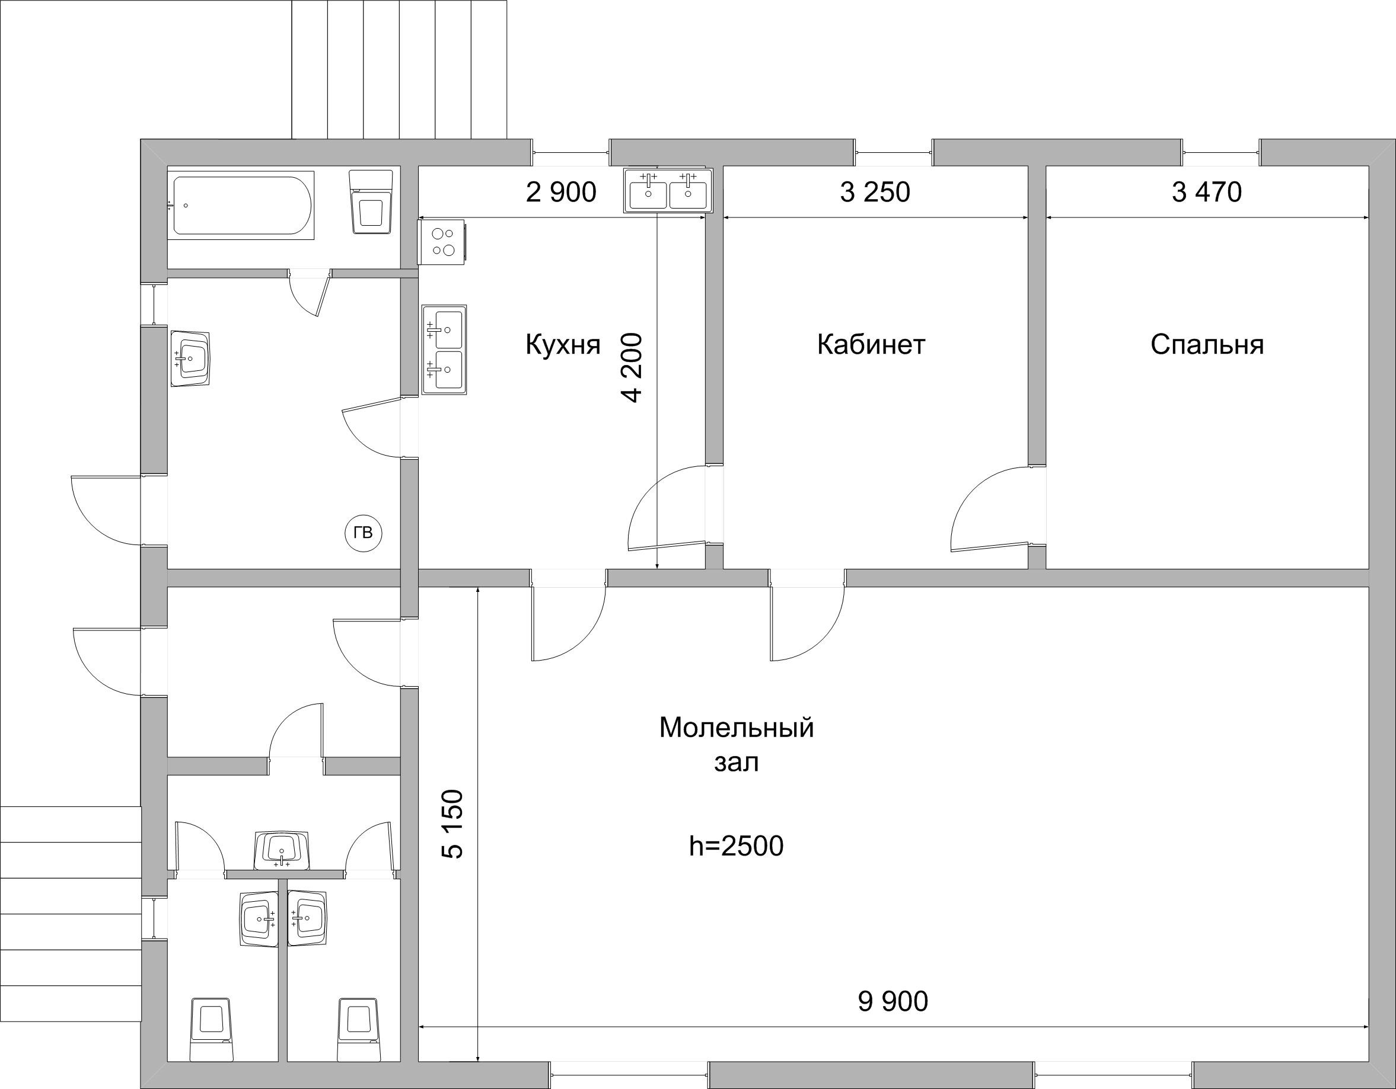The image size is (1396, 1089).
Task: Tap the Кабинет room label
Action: coord(871,345)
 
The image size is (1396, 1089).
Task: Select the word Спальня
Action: coord(1207,345)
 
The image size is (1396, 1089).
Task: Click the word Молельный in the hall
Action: coord(737,728)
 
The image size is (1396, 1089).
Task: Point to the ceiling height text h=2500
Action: coord(737,846)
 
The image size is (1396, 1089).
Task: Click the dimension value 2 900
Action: coord(560,192)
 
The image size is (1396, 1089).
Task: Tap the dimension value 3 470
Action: coord(1207,192)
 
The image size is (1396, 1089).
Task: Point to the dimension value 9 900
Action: coord(893,1002)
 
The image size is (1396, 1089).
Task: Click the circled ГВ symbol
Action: coord(363,533)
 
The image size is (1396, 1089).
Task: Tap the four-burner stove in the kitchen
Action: coord(442,241)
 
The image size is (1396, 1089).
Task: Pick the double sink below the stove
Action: coord(444,350)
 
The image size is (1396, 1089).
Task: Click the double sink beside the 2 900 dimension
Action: coord(668,190)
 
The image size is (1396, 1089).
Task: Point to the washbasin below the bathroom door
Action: coord(190,358)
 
